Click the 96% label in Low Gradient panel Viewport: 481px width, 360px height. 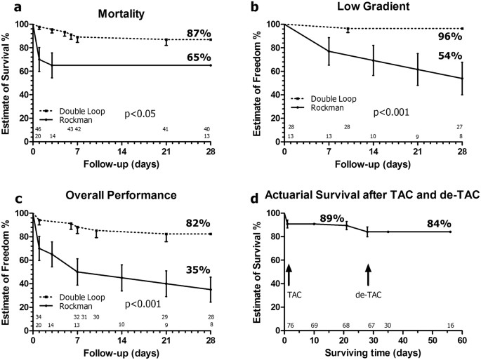pyautogui.click(x=447, y=39)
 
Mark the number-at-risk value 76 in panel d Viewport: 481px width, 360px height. pyautogui.click(x=289, y=326)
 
